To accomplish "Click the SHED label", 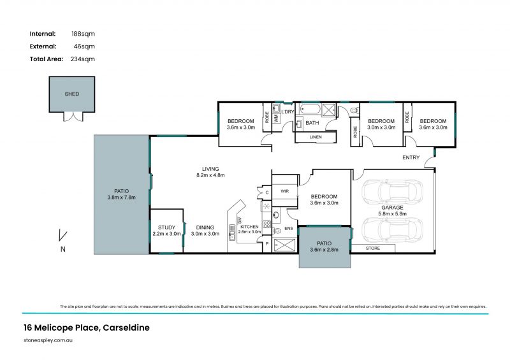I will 72,94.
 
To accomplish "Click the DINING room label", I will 205,227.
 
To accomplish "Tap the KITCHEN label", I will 249,227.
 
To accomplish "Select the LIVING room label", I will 211,169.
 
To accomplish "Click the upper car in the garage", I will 392,191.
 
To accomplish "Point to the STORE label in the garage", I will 372,248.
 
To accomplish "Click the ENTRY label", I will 411,157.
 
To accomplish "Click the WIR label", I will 285,190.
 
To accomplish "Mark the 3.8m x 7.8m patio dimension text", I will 120,196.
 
